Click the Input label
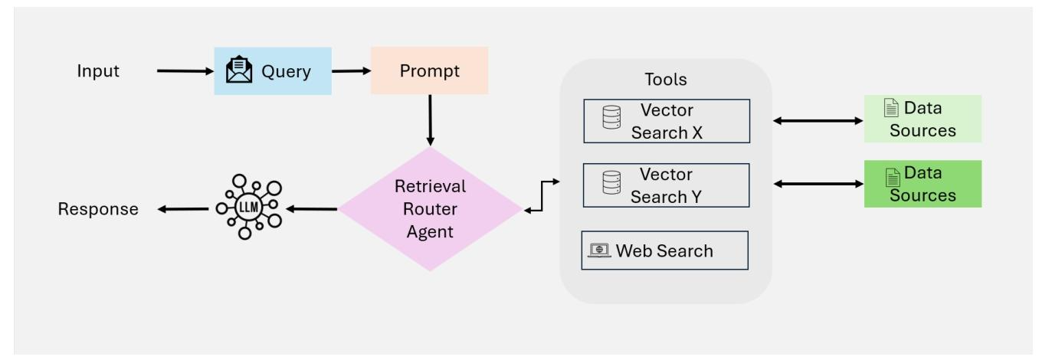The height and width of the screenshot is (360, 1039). pyautogui.click(x=98, y=71)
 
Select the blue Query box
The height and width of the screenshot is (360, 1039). pyautogui.click(x=273, y=71)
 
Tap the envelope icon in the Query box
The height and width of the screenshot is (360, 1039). pyautogui.click(x=239, y=70)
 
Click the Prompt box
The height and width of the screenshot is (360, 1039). pyautogui.click(x=430, y=70)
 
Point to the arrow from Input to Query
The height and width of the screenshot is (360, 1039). pyautogui.click(x=185, y=71)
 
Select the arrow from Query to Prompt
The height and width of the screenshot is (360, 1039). pyautogui.click(x=351, y=71)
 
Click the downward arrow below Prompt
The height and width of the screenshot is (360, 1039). pyautogui.click(x=430, y=120)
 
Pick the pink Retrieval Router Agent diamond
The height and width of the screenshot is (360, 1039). pyautogui.click(x=430, y=209)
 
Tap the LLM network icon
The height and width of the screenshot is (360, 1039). pyautogui.click(x=249, y=207)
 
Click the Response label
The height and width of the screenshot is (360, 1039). pyautogui.click(x=98, y=209)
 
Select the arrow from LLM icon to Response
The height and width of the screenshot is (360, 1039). pyautogui.click(x=183, y=209)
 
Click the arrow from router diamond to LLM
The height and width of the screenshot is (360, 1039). pyautogui.click(x=311, y=209)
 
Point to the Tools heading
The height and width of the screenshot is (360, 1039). pyautogui.click(x=666, y=80)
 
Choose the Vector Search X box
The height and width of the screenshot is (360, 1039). pyautogui.click(x=667, y=121)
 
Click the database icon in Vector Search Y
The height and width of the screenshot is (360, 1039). pyautogui.click(x=611, y=182)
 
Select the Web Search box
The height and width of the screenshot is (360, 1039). pyautogui.click(x=664, y=250)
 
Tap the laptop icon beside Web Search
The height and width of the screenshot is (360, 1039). pyautogui.click(x=599, y=250)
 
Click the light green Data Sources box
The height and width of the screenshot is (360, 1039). pyautogui.click(x=923, y=119)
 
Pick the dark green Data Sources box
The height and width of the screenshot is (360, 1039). pyautogui.click(x=923, y=184)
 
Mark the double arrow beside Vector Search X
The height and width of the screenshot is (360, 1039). pyautogui.click(x=818, y=120)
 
